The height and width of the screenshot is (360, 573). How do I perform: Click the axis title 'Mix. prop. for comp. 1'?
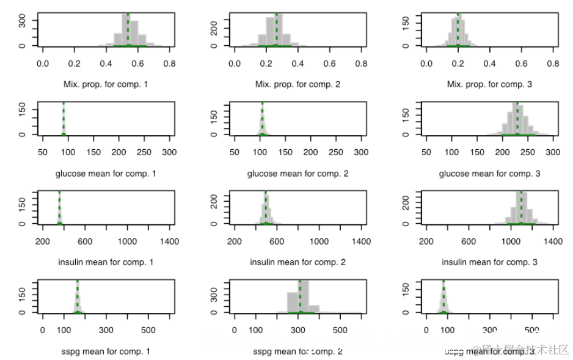click(106, 84)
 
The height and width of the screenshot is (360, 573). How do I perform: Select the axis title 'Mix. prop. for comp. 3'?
click(489, 84)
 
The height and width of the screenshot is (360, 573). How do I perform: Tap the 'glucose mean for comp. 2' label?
click(297, 174)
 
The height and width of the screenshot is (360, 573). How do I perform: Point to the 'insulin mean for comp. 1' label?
click(106, 262)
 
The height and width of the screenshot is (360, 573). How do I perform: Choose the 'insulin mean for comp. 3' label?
click(489, 262)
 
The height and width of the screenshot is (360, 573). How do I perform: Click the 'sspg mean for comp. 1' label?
click(106, 351)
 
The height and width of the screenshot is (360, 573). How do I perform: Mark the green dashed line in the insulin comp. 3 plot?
click(521, 208)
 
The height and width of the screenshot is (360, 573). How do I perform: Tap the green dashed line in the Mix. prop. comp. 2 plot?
click(276, 29)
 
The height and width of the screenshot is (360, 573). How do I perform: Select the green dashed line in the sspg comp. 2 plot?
click(300, 296)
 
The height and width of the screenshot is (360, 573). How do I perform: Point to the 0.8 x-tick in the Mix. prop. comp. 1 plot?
click(170, 63)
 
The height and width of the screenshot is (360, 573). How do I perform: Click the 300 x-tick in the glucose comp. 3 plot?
click(553, 152)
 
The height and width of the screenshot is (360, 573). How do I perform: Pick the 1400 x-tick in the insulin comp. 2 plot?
click(362, 241)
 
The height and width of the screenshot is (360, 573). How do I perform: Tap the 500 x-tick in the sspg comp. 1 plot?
click(148, 330)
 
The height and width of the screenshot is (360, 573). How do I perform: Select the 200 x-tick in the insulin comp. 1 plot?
click(43, 241)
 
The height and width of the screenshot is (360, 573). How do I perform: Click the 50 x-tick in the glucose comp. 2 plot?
click(235, 152)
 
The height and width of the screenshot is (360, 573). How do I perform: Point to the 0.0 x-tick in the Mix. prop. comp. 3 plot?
click(426, 63)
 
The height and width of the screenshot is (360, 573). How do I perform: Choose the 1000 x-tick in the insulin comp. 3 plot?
click(511, 241)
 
